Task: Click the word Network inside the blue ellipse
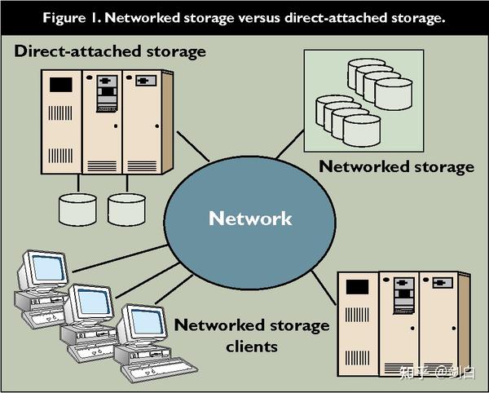point(250,219)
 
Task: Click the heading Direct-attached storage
point(110,51)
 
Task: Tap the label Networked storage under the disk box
point(396,166)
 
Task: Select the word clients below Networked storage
point(252,347)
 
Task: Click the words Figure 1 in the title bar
point(70,18)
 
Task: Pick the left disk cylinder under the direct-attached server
point(77,210)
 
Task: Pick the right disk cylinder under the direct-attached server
point(126,210)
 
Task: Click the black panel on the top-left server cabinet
point(61,85)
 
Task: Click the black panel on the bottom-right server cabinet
point(358,287)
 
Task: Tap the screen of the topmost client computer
point(48,268)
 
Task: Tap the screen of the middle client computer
point(95,302)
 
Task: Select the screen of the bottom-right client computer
point(148,322)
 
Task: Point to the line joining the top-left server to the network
point(193,146)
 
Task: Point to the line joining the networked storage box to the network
point(290,144)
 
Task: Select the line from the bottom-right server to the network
point(324,288)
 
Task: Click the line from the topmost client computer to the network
point(121,258)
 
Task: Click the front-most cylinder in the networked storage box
point(362,130)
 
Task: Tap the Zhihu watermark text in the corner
point(437,373)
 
